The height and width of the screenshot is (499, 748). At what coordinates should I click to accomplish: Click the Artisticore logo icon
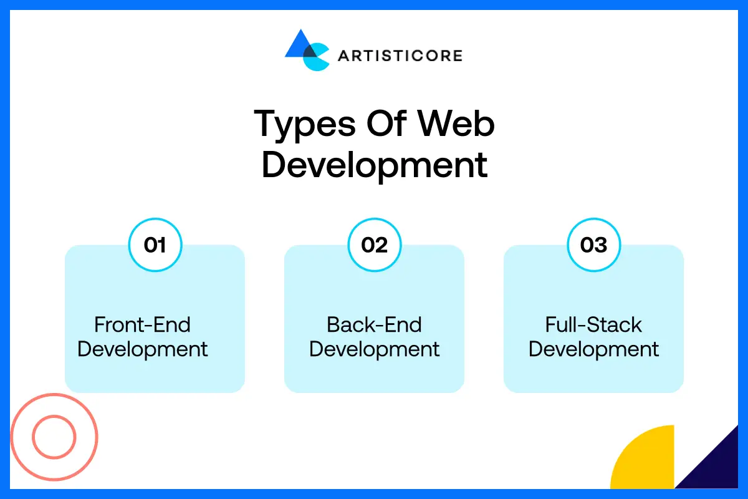click(x=306, y=50)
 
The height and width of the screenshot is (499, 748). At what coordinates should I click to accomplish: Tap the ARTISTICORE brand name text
click(x=400, y=56)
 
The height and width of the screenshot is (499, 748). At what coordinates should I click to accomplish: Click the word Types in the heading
click(x=300, y=124)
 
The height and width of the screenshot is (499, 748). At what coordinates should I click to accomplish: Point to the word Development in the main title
click(x=374, y=165)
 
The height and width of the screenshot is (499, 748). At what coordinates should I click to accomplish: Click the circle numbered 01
click(x=155, y=245)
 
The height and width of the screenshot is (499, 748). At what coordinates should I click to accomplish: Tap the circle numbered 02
click(x=374, y=245)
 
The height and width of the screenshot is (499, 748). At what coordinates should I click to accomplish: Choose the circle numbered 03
click(x=593, y=245)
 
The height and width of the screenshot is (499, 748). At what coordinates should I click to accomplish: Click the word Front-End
click(x=142, y=325)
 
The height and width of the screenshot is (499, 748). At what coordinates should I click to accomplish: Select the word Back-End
click(x=374, y=325)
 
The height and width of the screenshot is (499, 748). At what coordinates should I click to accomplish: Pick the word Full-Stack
click(x=593, y=325)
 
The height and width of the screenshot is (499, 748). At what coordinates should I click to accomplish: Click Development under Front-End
click(x=142, y=349)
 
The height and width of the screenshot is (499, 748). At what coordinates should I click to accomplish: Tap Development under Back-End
click(x=374, y=349)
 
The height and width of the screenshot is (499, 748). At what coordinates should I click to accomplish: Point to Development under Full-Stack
click(x=593, y=349)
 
